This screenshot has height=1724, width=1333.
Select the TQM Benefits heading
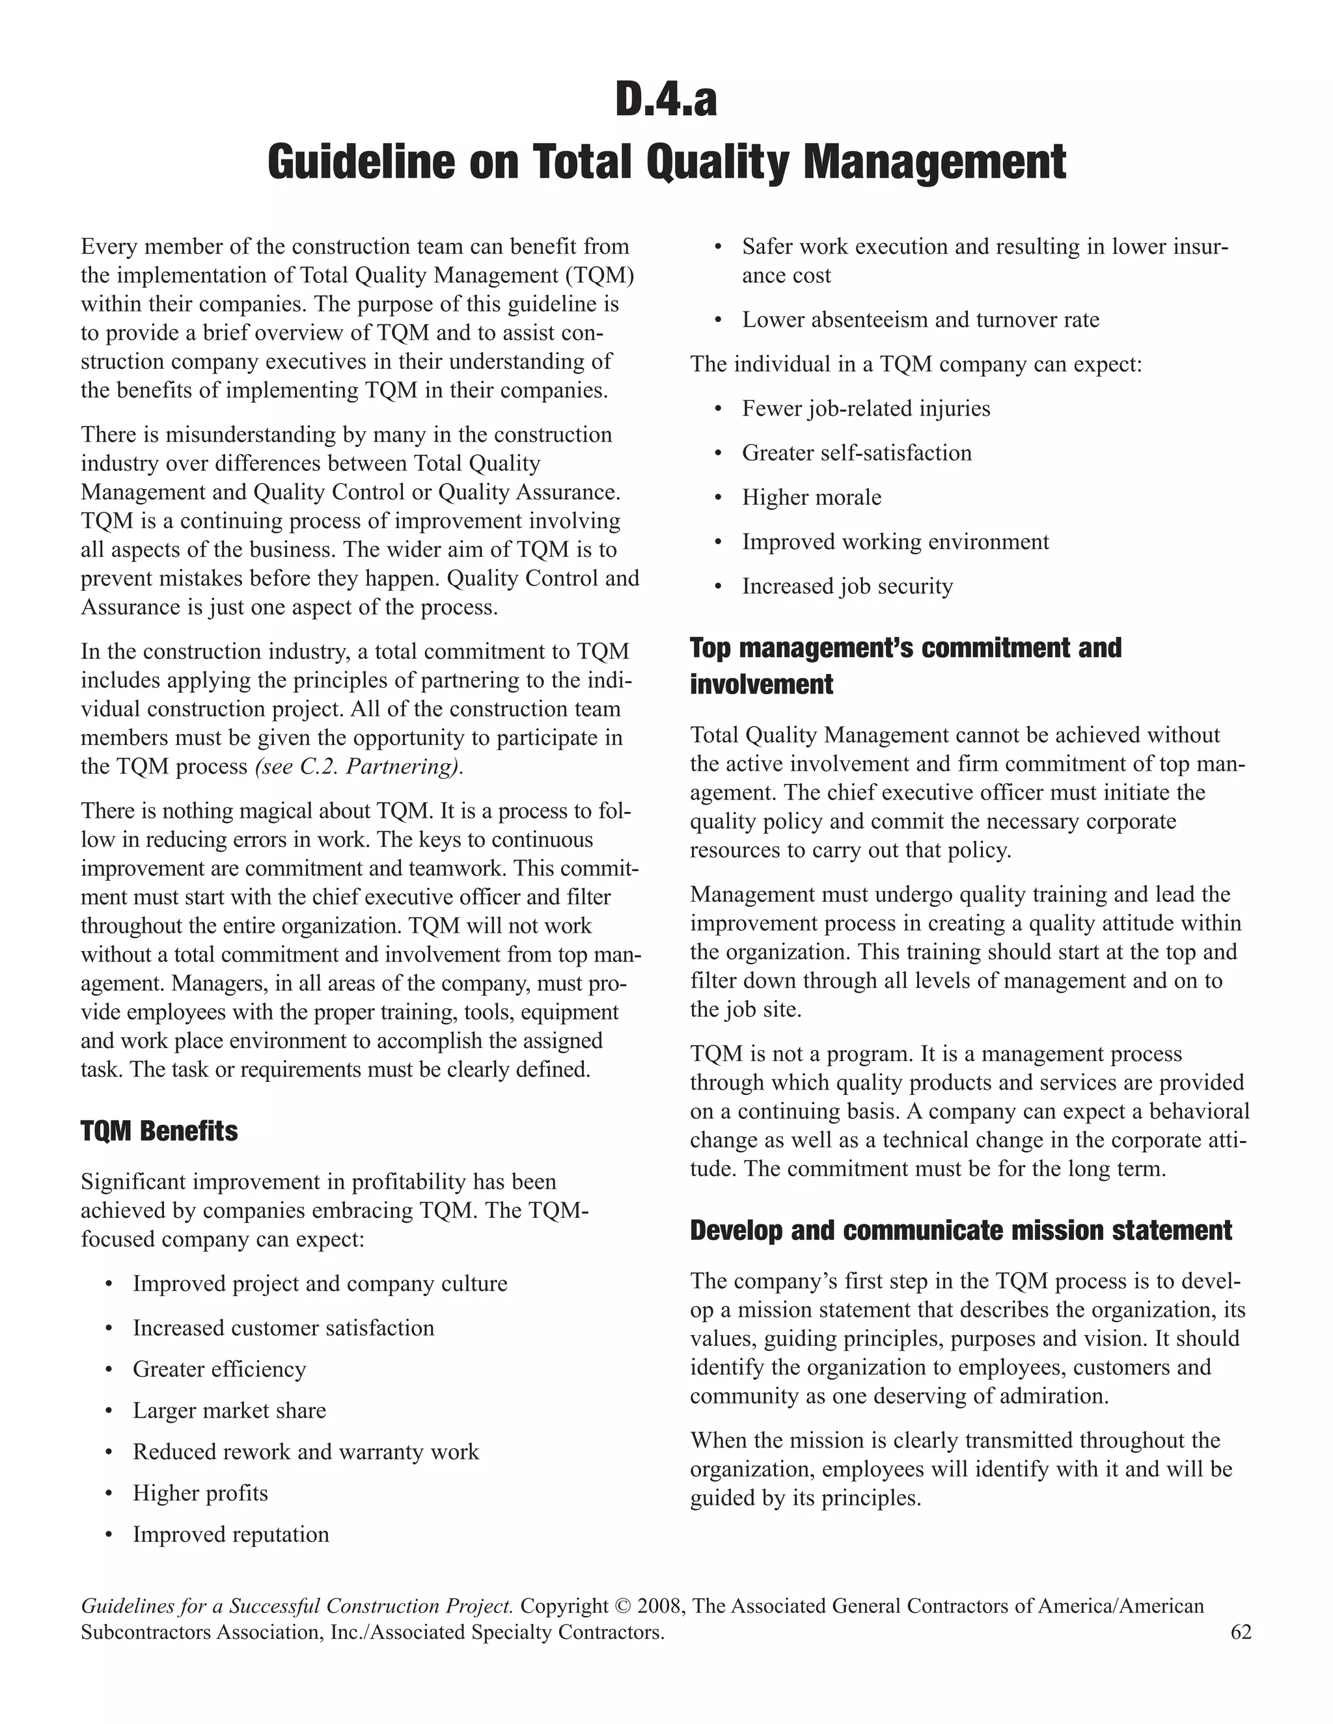point(159,1131)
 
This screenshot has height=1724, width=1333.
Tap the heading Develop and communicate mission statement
point(960,1231)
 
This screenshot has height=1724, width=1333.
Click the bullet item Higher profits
point(200,1492)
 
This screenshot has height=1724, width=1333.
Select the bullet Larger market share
point(229,1410)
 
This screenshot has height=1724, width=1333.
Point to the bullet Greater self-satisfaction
point(856,453)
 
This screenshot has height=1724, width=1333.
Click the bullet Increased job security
point(847,587)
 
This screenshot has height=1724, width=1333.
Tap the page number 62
point(1241,1632)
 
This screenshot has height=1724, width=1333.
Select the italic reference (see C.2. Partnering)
point(359,766)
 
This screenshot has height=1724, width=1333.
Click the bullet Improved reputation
point(230,1534)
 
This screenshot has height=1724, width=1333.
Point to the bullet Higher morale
point(811,497)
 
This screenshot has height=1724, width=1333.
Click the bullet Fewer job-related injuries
point(866,409)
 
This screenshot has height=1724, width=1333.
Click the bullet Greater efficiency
point(219,1369)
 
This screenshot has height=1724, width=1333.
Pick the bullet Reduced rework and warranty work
point(306,1451)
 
